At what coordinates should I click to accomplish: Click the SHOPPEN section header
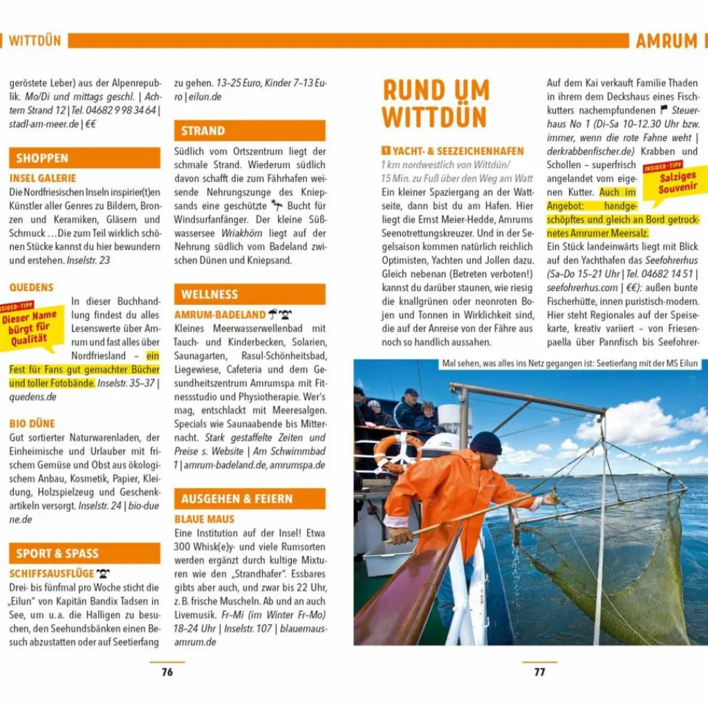(x=42, y=158)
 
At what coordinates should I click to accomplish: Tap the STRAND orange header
(x=203, y=131)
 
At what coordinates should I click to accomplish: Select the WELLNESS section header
(x=209, y=295)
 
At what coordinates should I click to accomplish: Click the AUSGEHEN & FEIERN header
(x=236, y=499)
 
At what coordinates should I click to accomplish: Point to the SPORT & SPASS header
(x=57, y=553)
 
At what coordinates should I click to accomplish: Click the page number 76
(x=167, y=671)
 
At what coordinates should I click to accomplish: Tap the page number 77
(x=539, y=671)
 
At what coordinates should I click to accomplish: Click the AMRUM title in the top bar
(x=667, y=41)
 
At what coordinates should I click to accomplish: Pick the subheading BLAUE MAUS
(x=204, y=519)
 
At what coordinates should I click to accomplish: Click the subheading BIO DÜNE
(x=32, y=423)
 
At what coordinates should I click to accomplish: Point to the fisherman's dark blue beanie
(x=486, y=442)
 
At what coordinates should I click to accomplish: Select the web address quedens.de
(x=32, y=397)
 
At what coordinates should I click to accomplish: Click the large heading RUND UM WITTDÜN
(x=436, y=104)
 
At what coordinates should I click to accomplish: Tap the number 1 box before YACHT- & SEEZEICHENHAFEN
(x=386, y=151)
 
